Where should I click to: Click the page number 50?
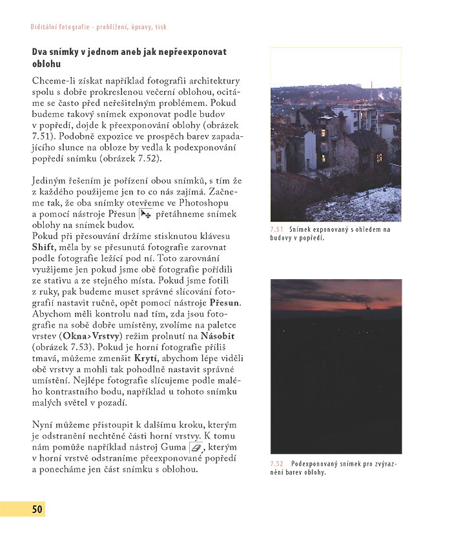click(37, 509)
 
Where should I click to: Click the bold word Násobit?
click(218, 336)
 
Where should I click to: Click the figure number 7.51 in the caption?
click(277, 229)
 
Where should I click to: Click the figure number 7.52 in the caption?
click(277, 464)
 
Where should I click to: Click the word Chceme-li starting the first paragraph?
click(56, 81)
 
